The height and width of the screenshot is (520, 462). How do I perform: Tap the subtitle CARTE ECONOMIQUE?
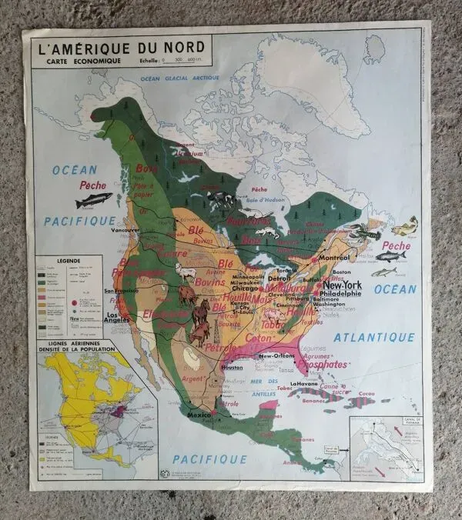pos(73,61)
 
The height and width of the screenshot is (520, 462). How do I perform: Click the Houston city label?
pos(232,367)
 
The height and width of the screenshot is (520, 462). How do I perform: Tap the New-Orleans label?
pos(278,356)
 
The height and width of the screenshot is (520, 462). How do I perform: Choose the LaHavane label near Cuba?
pos(304,383)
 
